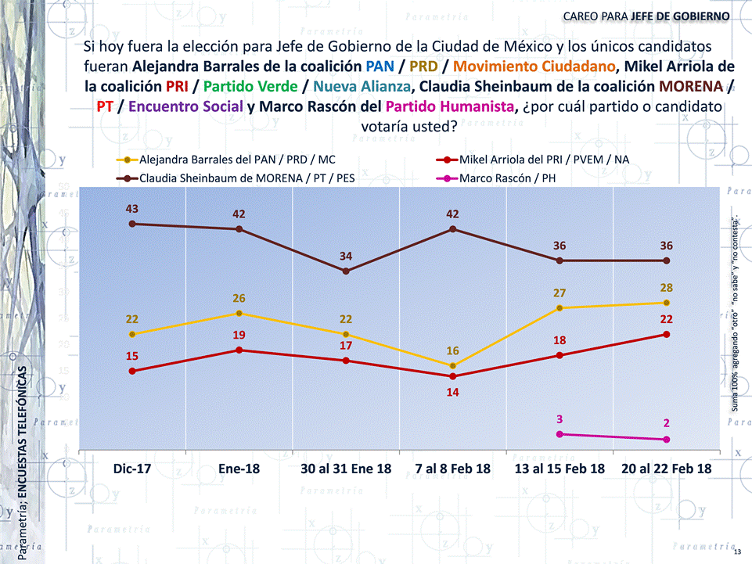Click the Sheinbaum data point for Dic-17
[132, 224]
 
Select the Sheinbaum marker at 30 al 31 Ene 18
[346, 271]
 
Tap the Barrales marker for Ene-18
[239, 313]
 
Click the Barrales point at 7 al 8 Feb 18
[452, 366]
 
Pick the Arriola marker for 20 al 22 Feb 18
[666, 334]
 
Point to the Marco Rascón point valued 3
[560, 434]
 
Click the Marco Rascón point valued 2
[666, 440]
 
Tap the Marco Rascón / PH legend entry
[509, 178]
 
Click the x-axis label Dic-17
[132, 469]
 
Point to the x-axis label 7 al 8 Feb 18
[452, 469]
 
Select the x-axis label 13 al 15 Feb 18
[560, 469]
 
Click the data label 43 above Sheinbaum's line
[132, 209]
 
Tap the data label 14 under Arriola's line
[452, 391]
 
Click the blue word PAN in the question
[380, 65]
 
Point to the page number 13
[738, 553]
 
